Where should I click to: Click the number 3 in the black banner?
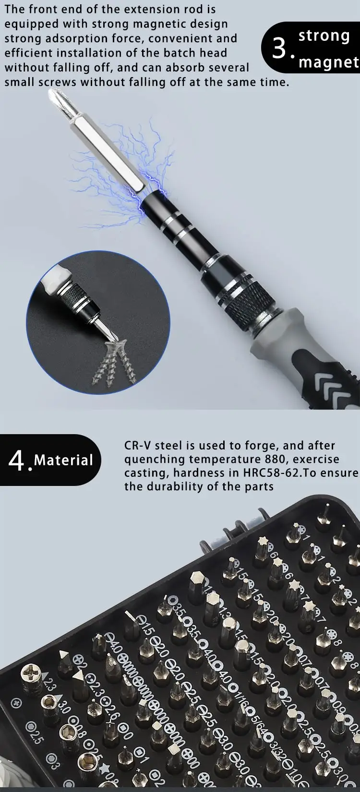(x=280, y=48)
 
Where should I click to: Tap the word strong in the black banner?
(x=324, y=36)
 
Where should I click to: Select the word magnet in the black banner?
(x=329, y=62)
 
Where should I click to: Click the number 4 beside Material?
(x=16, y=461)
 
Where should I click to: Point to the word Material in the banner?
(x=63, y=461)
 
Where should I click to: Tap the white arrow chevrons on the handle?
(x=336, y=389)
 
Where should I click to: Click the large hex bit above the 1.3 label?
(x=197, y=582)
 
